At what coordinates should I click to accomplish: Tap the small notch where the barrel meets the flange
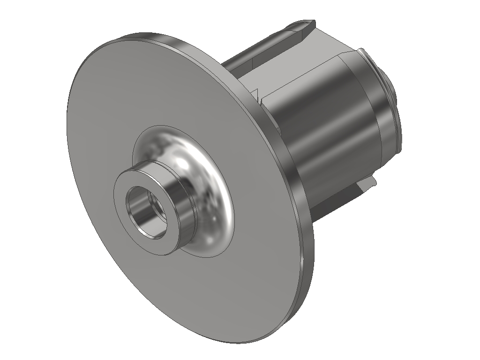tap(258, 96)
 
